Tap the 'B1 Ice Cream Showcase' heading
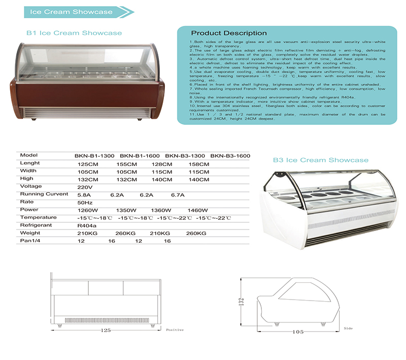[x=74, y=33]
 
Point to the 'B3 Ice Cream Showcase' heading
[x=320, y=160]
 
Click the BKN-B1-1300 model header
[x=94, y=155]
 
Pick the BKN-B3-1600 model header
[x=230, y=155]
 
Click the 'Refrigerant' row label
[x=37, y=225]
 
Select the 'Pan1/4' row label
[x=31, y=241]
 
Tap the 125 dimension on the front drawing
[x=106, y=331]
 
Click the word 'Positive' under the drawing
[x=175, y=330]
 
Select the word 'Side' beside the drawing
[x=348, y=329]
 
